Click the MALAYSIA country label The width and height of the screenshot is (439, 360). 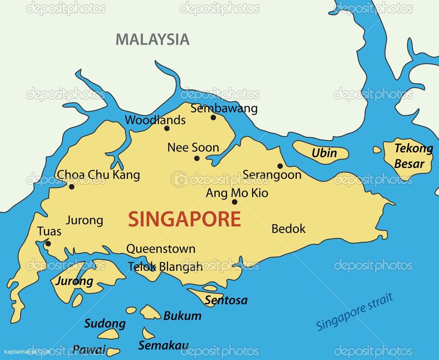click(152, 39)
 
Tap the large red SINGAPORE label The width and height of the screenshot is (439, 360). click(184, 219)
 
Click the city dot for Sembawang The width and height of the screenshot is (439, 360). click(213, 118)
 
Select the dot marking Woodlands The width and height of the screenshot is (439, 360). click(167, 128)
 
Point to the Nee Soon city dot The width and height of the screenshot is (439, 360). click(197, 158)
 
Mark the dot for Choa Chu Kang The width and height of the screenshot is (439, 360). click(72, 187)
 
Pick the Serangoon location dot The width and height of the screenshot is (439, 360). click(280, 166)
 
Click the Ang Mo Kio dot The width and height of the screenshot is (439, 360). click(235, 202)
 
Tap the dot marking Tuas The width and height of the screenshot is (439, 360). click(48, 244)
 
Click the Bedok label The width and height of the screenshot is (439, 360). click(289, 229)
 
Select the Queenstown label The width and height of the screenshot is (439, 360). click(161, 249)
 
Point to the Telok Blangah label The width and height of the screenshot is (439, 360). click(165, 266)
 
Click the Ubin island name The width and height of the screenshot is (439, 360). click(324, 153)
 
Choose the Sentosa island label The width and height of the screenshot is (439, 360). click(226, 300)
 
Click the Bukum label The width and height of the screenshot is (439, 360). click(182, 316)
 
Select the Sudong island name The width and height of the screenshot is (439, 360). click(105, 324)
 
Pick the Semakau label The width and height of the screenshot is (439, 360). click(163, 345)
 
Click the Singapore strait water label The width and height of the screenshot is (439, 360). click(355, 312)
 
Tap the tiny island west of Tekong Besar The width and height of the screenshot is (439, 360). click(377, 150)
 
